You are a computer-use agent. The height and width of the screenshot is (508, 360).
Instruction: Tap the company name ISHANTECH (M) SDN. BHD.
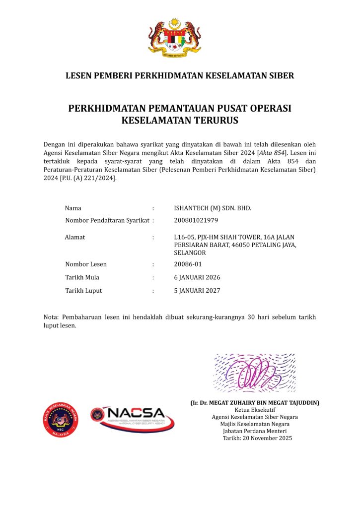[x=213, y=208]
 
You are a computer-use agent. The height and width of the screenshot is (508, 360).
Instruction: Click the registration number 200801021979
[x=196, y=220]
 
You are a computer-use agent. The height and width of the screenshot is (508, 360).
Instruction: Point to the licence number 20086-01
[x=188, y=264]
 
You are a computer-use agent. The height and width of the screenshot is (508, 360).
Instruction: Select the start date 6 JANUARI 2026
[x=197, y=277]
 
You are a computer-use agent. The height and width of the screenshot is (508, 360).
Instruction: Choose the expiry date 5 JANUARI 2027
[x=197, y=291]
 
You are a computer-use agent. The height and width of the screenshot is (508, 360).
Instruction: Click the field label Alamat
[x=75, y=237]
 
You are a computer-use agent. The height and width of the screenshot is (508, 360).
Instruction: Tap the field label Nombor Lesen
[x=86, y=264]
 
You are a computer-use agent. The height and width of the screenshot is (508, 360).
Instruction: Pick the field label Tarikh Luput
[x=83, y=291]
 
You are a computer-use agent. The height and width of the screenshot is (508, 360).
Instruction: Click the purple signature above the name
[x=254, y=373]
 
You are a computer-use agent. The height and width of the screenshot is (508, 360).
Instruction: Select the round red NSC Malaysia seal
[x=62, y=420]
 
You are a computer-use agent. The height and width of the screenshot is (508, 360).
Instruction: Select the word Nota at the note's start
[x=51, y=317]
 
